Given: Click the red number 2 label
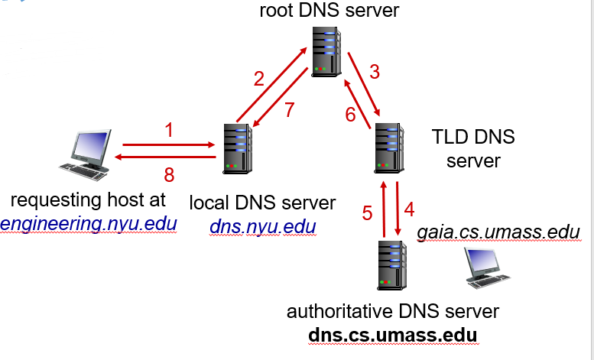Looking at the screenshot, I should (x=259, y=79).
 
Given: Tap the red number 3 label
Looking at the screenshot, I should (x=374, y=73).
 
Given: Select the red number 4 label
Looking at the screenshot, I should (x=409, y=208).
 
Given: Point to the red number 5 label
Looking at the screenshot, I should (x=367, y=212).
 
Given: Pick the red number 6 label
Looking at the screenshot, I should (x=350, y=115).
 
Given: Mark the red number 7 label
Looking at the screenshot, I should (x=289, y=110).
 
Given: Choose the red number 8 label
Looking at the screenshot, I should (x=169, y=175).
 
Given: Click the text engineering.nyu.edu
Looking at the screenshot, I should (x=89, y=224).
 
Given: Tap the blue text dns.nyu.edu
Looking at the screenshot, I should (x=262, y=227).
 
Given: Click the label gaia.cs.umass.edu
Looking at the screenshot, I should (x=498, y=231).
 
